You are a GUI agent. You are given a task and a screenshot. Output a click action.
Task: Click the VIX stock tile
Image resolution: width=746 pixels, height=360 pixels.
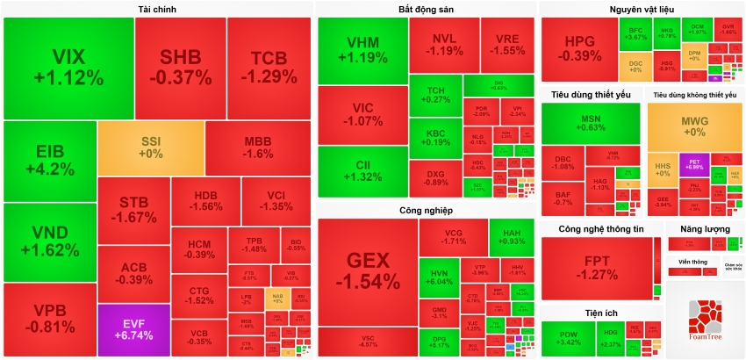[68, 68]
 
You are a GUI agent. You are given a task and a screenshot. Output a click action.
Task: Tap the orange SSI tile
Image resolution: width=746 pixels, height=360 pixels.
[151, 148]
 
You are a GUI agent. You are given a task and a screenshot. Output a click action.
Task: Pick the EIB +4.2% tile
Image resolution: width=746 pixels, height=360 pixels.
[49, 161]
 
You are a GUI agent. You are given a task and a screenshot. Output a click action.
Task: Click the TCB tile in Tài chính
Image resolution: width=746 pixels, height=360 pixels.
[269, 67]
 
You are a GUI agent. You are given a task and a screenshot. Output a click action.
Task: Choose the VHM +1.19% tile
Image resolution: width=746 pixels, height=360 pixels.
[362, 50]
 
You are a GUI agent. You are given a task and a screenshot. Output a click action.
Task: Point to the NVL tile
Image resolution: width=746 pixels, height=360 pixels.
[443, 44]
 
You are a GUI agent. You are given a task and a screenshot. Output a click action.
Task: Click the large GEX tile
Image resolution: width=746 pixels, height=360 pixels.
[367, 269]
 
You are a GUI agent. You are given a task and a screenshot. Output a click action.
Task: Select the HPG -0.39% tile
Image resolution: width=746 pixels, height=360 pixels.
[578, 48]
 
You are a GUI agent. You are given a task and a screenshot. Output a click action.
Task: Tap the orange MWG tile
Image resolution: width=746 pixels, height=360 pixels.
[694, 126]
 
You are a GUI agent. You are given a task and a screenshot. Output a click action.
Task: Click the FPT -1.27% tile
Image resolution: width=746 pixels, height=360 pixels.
[601, 267]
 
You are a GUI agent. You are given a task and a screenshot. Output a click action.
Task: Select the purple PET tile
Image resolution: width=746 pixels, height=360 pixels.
[693, 164]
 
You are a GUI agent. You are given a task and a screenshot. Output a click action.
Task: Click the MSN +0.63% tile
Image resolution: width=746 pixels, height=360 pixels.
[590, 123]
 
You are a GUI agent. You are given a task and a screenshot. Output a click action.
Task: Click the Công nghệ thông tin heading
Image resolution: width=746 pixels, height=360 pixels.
[601, 229]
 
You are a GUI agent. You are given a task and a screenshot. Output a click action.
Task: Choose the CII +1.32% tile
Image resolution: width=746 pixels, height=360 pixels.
[362, 169]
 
